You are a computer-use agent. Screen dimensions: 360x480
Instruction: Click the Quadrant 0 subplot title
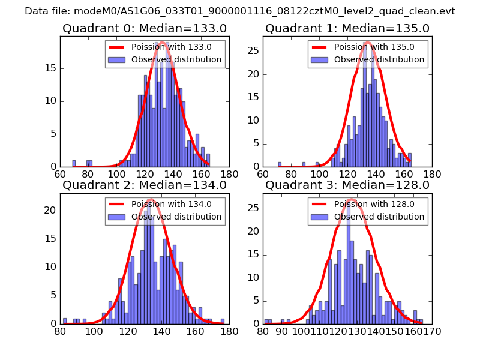click(x=144, y=29)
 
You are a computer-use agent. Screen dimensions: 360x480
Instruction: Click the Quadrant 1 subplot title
click(x=347, y=29)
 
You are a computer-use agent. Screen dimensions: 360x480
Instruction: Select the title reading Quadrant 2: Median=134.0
click(x=144, y=185)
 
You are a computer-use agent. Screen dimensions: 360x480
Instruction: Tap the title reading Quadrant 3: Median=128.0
click(x=347, y=185)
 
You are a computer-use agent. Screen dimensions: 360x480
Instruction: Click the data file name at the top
click(x=240, y=11)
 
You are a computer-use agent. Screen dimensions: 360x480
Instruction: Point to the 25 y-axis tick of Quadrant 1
click(x=254, y=52)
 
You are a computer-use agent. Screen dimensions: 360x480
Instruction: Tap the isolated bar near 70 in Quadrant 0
click(x=74, y=163)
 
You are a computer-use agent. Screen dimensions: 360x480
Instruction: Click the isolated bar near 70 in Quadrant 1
click(x=280, y=164)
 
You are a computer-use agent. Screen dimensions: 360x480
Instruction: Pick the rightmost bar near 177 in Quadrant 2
click(x=222, y=321)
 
